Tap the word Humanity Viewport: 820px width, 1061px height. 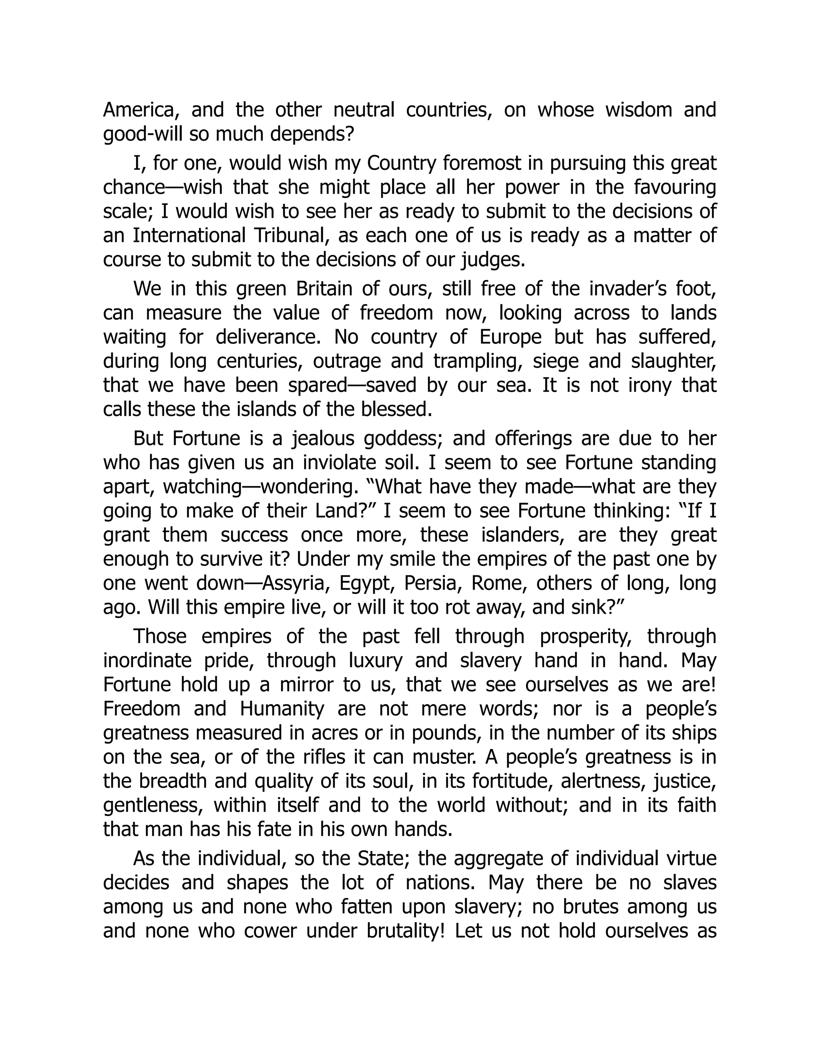pyautogui.click(x=282, y=709)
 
